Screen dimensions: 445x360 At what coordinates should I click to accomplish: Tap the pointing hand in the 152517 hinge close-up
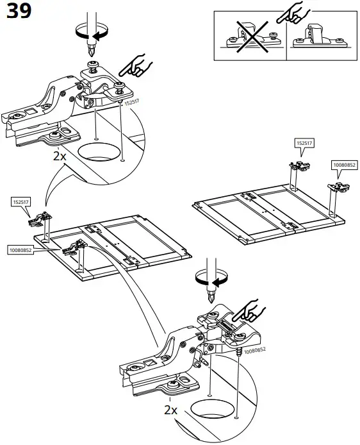click(136, 65)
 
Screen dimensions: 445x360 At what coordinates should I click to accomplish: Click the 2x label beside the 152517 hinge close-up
click(60, 156)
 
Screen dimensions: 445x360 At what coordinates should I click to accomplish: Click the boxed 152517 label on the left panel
click(20, 202)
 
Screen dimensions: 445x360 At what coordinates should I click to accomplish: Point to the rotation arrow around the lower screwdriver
click(211, 280)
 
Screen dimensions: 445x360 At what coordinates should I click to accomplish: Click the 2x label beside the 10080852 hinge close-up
click(170, 409)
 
